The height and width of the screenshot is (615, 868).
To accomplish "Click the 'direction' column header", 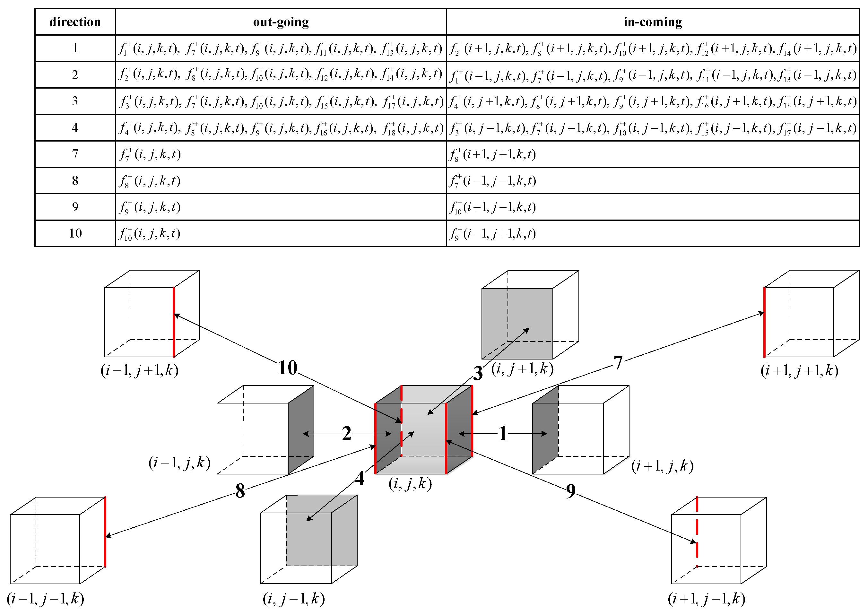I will click(75, 22).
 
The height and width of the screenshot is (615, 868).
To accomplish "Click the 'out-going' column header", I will click(281, 22).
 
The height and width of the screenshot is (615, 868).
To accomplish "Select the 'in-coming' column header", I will click(653, 22).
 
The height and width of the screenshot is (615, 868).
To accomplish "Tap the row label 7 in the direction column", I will click(75, 154).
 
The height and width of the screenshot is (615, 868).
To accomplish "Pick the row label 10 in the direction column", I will click(75, 233).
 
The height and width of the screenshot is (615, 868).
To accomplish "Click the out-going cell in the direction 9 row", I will click(150, 207).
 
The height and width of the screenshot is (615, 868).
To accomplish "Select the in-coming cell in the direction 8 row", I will click(492, 181).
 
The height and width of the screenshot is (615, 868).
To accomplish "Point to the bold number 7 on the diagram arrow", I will click(618, 362).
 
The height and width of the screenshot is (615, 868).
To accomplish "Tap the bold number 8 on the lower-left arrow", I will click(240, 491).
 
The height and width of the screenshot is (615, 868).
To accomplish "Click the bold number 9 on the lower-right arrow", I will click(571, 491).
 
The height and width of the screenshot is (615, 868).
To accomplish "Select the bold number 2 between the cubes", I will click(346, 433).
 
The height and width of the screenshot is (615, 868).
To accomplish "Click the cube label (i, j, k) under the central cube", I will click(410, 484).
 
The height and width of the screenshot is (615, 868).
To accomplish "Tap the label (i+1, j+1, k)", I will click(799, 370).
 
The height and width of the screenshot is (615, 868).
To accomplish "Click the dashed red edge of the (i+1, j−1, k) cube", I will click(697, 530).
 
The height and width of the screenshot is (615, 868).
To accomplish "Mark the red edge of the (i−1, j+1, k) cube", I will click(174, 322).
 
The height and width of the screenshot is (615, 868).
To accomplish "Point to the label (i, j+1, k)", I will click(522, 368).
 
